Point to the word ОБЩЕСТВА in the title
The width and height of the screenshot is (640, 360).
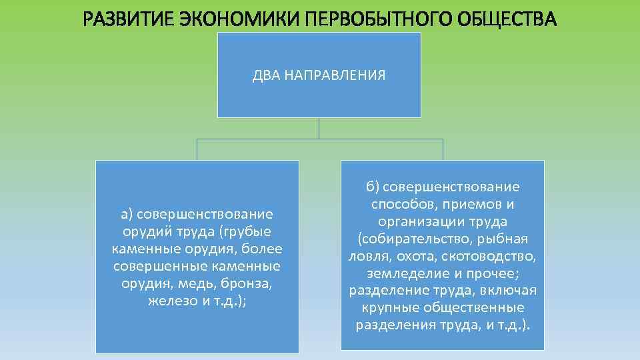(x=505, y=19)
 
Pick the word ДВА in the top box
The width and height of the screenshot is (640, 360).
(x=267, y=75)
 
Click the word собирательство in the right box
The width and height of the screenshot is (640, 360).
(x=415, y=239)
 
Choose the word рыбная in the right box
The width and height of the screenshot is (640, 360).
(x=503, y=239)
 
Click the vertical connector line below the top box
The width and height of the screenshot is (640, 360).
(x=319, y=128)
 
